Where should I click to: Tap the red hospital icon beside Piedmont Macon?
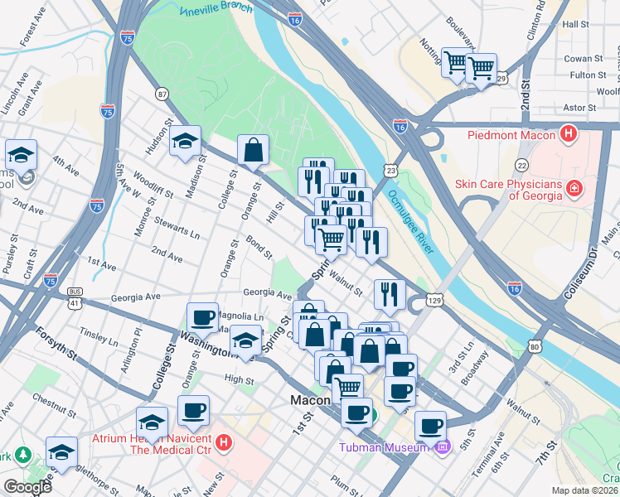(x=569, y=133)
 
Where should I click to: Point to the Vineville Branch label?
(x=216, y=12)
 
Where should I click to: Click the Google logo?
(x=27, y=487)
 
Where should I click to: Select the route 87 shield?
(x=162, y=94)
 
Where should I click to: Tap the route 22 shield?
(x=521, y=165)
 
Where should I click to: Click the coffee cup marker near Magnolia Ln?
(x=202, y=316)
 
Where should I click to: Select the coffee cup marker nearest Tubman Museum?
(x=429, y=426)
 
